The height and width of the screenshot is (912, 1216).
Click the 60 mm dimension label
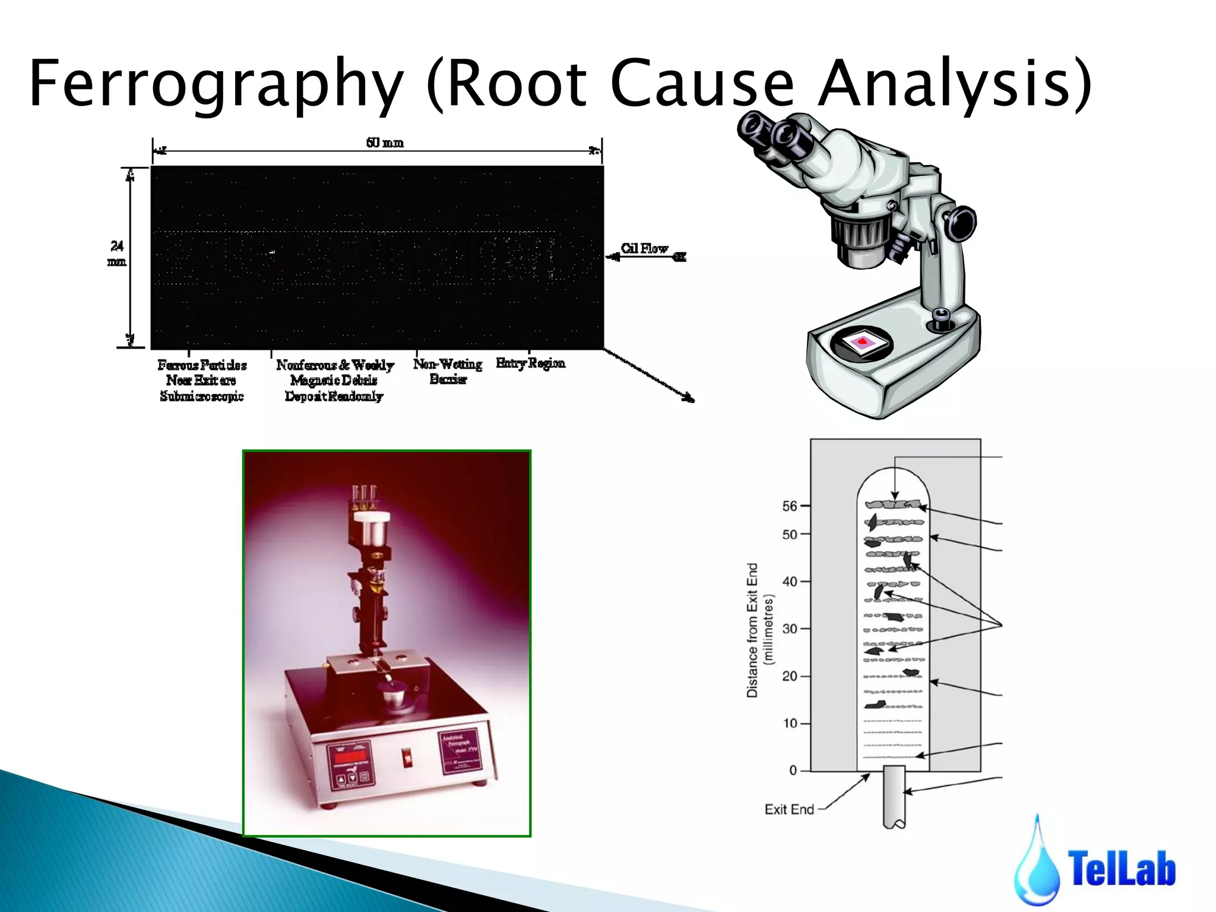385,142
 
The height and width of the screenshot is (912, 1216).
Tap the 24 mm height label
117,254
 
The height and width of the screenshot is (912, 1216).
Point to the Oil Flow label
644,248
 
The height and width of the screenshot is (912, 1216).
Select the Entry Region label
530,363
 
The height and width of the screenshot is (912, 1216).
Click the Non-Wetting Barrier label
448,371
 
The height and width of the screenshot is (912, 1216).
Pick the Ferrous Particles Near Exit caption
202,380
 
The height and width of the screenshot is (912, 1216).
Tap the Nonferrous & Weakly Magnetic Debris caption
334,380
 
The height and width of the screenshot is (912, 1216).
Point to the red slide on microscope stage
862,342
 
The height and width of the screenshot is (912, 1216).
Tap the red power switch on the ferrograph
407,758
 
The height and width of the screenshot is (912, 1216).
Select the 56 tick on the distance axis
790,506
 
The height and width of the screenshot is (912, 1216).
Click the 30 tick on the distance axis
790,629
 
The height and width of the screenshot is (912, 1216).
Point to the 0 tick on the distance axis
793,770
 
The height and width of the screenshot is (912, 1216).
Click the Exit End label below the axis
789,809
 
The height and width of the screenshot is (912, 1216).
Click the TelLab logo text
1121,869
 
